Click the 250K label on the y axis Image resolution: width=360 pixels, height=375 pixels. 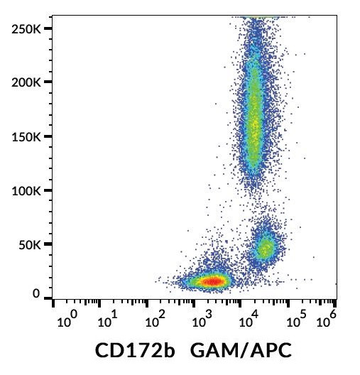24,28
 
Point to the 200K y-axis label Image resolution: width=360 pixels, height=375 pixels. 24,82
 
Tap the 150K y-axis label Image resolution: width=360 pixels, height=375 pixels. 24,136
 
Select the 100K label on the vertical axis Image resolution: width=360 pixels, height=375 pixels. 24,190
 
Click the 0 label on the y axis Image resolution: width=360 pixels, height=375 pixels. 36,294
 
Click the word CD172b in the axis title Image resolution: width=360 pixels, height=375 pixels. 131,351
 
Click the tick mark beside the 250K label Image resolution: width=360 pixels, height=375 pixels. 48,28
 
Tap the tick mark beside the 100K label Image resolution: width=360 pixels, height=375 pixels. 48,190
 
